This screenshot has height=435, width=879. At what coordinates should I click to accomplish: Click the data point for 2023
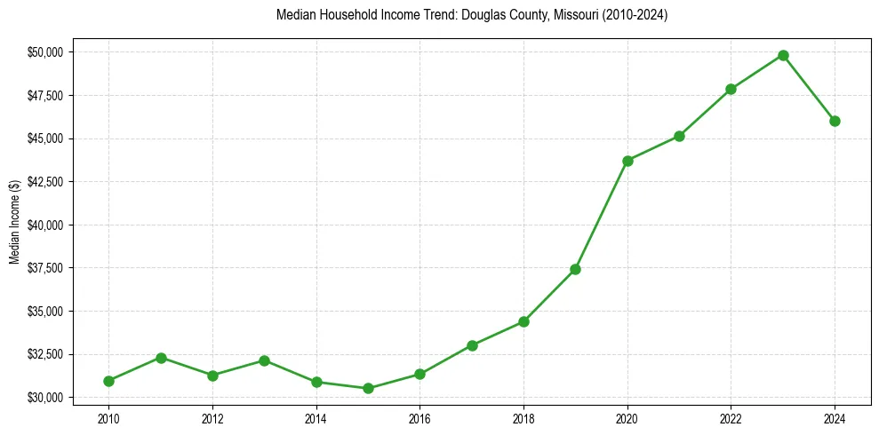click(783, 55)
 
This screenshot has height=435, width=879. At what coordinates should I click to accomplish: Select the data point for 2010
click(108, 381)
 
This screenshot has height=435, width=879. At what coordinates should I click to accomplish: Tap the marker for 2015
click(368, 388)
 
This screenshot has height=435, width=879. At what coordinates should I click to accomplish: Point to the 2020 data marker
click(627, 161)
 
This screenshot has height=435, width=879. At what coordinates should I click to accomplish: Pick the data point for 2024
click(835, 121)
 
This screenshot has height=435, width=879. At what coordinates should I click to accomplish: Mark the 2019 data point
click(575, 269)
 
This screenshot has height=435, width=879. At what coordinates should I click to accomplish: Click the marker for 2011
click(161, 358)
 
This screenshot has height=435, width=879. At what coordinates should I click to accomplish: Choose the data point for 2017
click(472, 345)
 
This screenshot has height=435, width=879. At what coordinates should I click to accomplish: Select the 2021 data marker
click(679, 136)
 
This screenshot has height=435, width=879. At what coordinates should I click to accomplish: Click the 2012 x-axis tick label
click(212, 418)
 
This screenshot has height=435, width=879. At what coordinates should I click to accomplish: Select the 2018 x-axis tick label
click(523, 418)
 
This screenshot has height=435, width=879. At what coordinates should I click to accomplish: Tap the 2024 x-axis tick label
click(835, 418)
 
